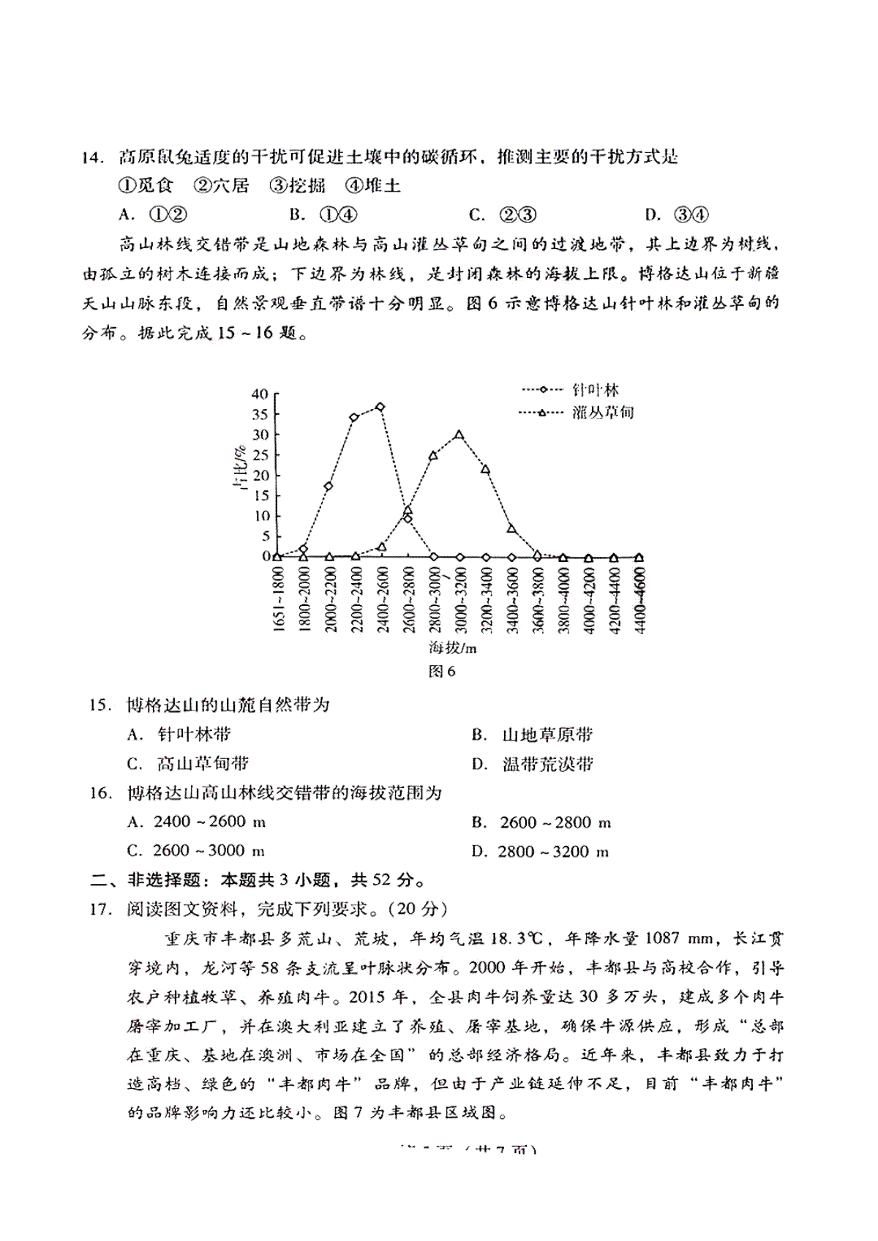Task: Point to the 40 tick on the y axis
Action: (260, 394)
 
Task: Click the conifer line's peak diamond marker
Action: (380, 407)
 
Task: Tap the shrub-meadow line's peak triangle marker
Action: (459, 435)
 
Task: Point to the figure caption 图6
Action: (441, 672)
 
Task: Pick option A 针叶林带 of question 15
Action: (183, 734)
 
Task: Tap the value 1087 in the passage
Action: (648, 939)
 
